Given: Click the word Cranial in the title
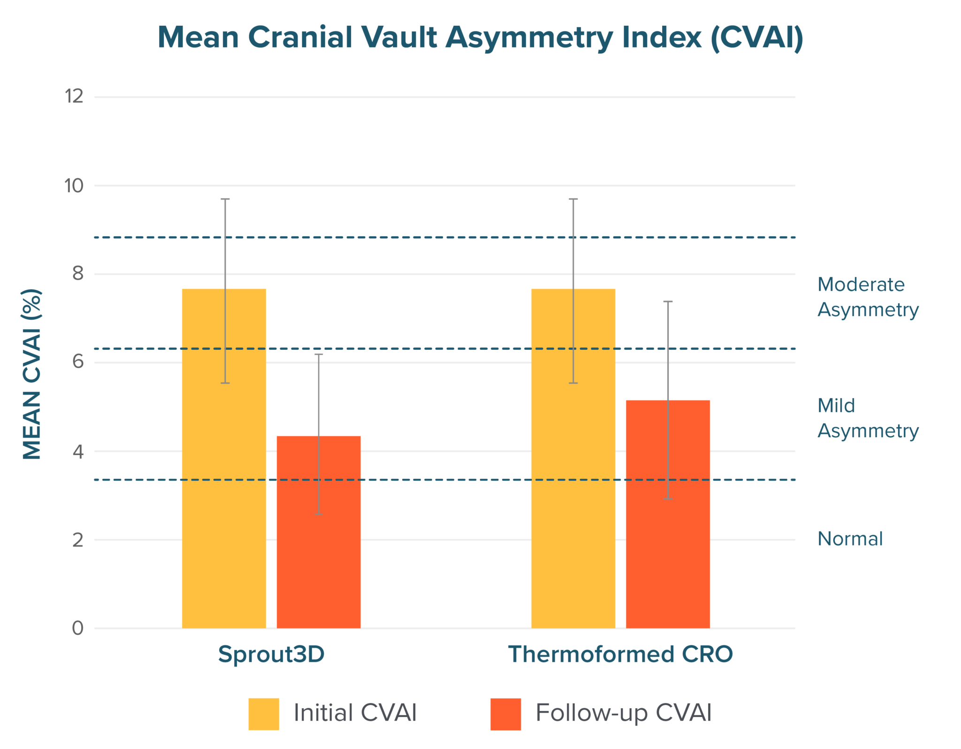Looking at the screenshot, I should coord(299,38).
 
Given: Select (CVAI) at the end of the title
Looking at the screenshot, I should coord(756,38).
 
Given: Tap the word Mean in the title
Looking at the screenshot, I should coord(198,38).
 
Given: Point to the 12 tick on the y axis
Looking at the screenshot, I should coord(74,97).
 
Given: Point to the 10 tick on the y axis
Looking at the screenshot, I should coord(74,186).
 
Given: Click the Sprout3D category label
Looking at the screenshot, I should coord(272,654).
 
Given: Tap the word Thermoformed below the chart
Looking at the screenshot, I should coord(592,654).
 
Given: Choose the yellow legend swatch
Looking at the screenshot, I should coord(264,714).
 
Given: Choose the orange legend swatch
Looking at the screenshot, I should coord(505,714).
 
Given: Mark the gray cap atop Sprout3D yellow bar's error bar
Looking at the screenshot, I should coord(225,217).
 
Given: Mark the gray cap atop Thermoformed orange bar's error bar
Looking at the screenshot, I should coord(668,324).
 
